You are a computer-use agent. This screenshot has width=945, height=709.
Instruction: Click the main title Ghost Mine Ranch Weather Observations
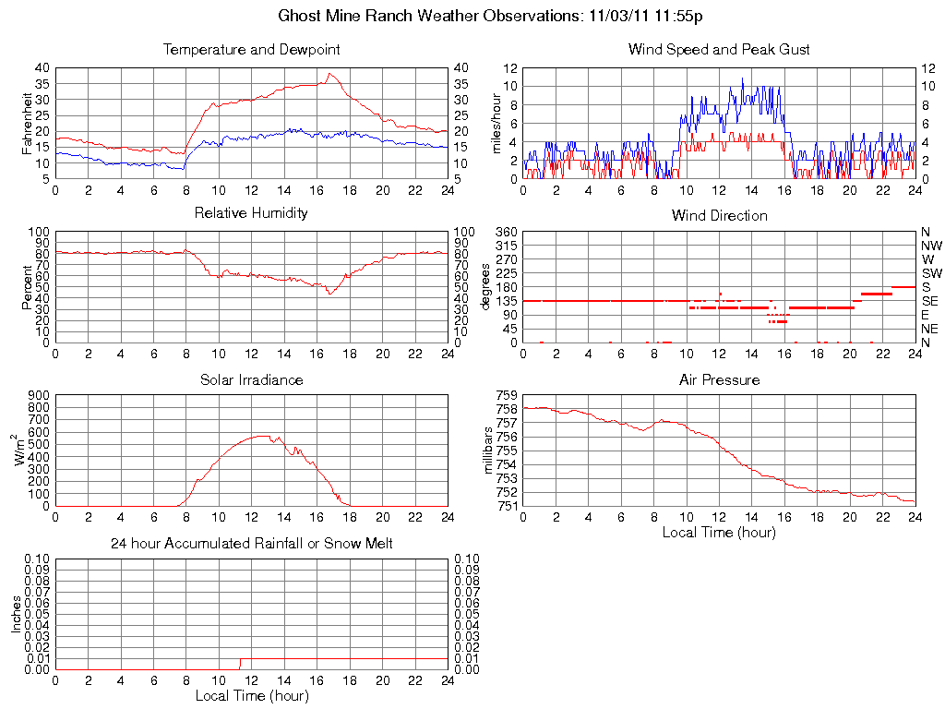coord(490,16)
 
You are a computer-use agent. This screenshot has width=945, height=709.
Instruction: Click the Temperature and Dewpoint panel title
coord(251,49)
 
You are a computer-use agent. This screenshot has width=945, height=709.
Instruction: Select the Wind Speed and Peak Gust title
coord(719,49)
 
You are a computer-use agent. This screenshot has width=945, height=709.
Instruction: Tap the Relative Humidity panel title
coord(251,213)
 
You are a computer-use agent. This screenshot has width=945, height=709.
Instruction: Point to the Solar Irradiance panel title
coord(251,379)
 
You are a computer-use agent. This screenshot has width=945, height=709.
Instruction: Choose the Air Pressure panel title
coord(719,379)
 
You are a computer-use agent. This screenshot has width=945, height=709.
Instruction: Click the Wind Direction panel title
coord(719,215)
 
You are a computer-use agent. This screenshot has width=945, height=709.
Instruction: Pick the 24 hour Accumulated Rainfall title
coord(251,544)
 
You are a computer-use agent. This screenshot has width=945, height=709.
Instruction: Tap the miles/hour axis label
coord(497,123)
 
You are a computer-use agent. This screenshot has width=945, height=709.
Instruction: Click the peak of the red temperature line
coord(330,74)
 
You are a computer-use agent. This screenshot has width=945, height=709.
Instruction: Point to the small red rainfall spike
coord(240,662)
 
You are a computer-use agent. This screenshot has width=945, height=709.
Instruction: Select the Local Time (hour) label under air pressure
coord(719,532)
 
